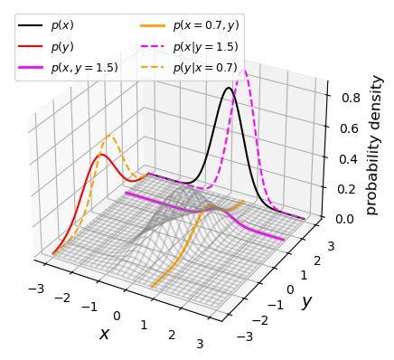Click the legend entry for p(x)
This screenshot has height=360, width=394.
[63, 25]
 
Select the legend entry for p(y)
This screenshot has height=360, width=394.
[63, 46]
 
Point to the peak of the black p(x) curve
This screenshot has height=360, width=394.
[229, 88]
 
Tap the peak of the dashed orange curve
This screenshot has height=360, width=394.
[109, 137]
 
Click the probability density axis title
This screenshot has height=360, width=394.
[377, 145]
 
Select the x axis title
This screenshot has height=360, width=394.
[104, 334]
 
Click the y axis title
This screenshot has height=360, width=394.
[306, 302]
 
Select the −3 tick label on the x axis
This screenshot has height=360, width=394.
[36, 288]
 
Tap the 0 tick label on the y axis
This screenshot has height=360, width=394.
[290, 289]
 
